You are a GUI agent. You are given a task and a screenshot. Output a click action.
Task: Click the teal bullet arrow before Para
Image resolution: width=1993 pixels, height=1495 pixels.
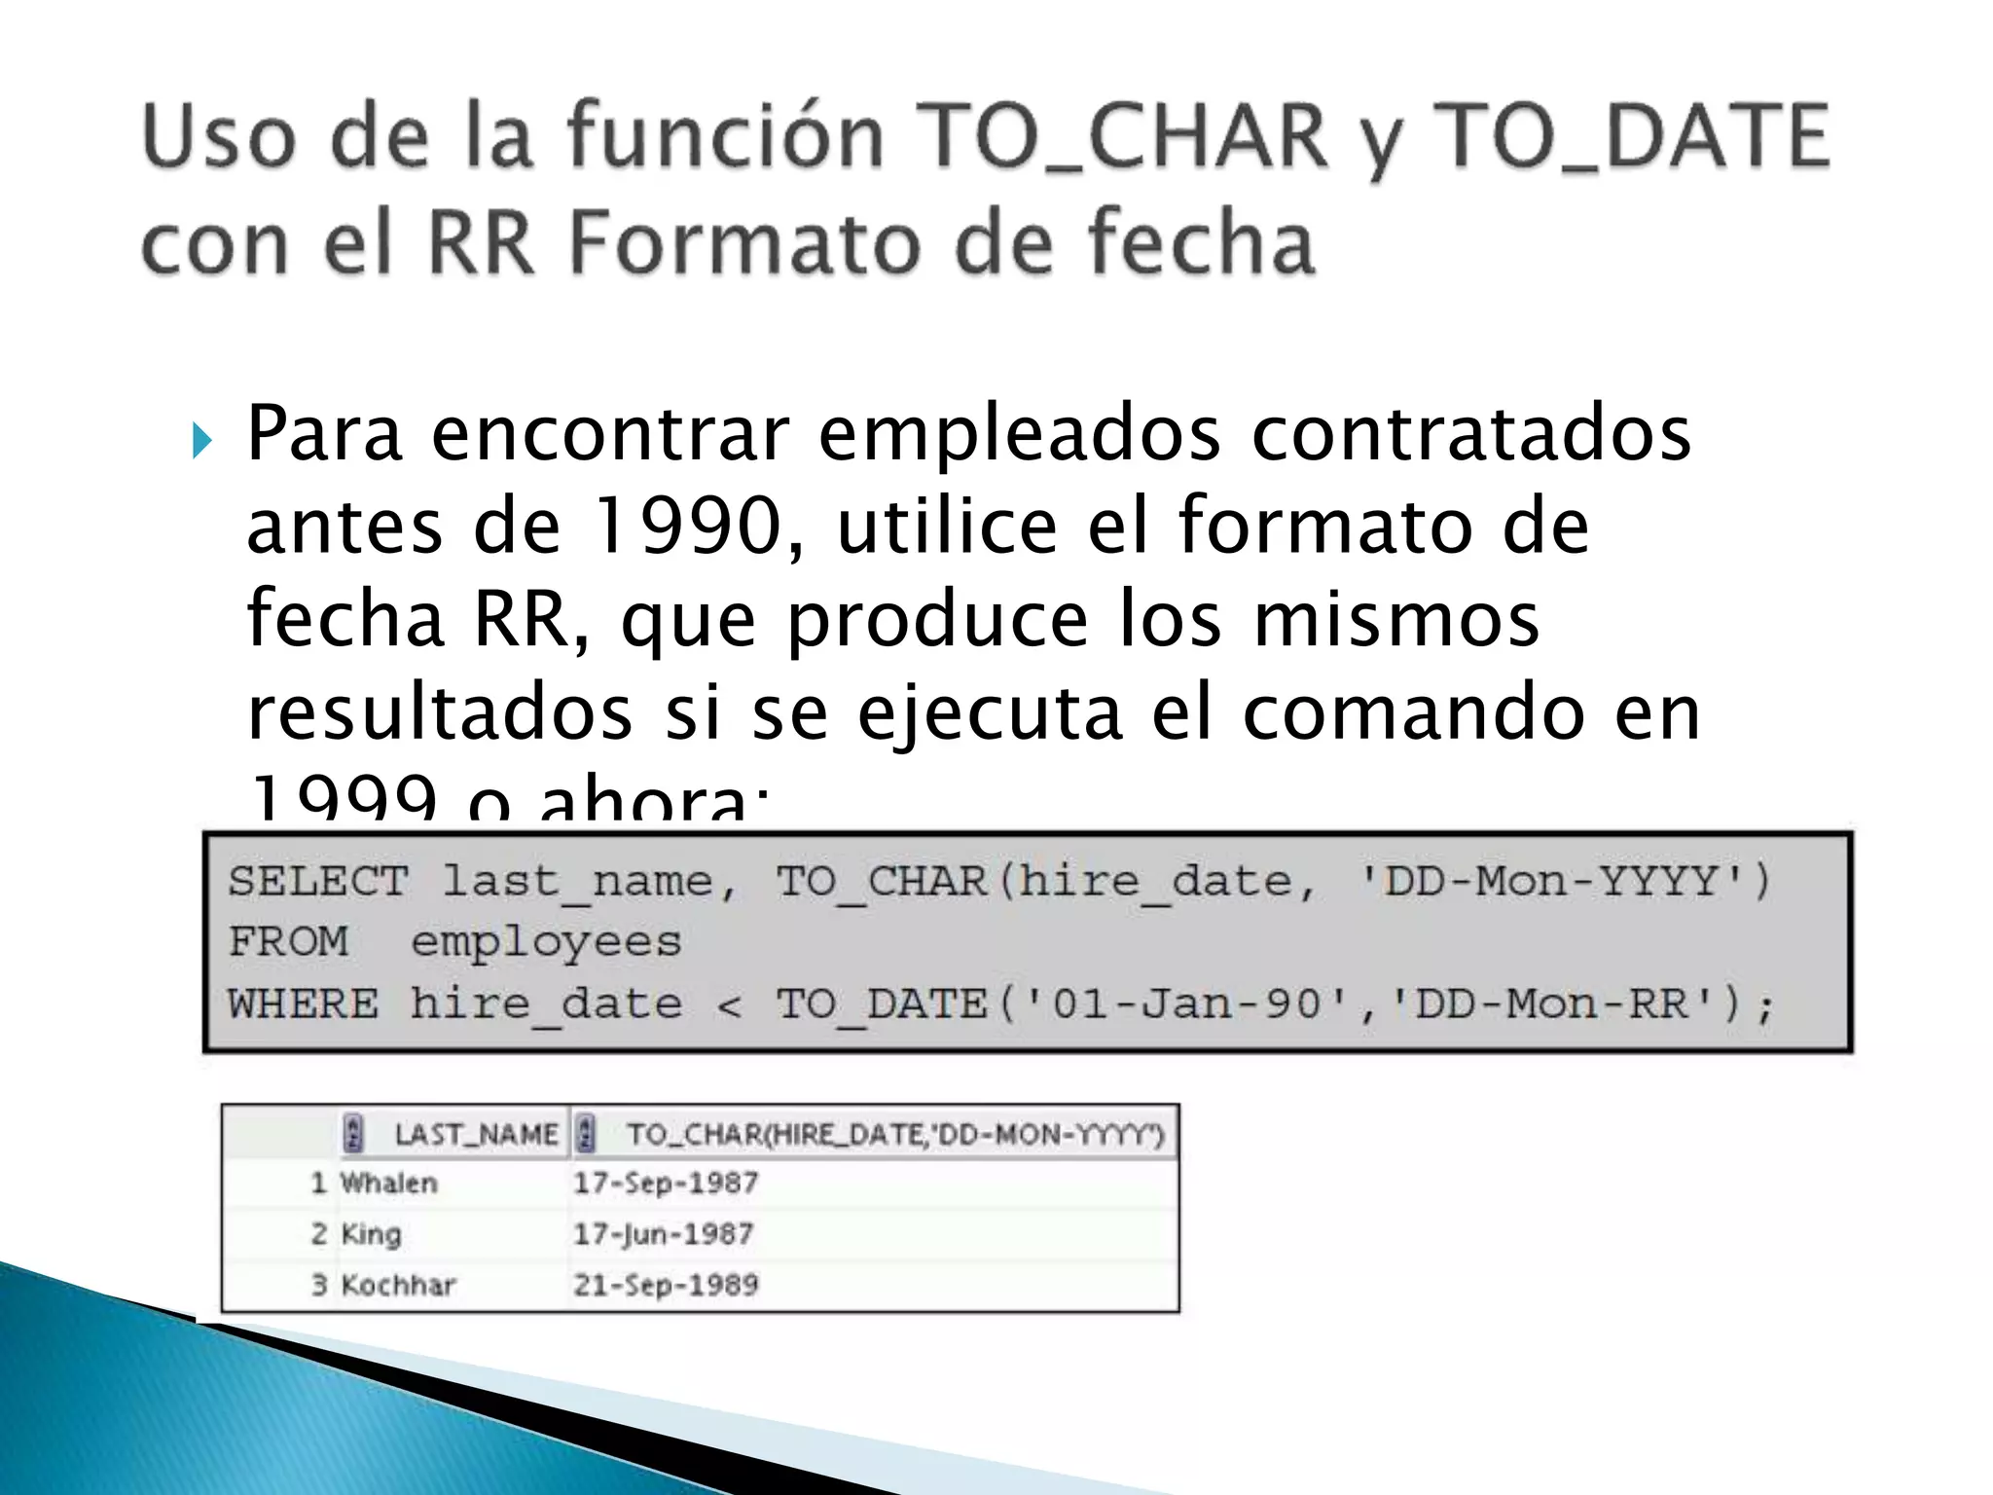coord(201,440)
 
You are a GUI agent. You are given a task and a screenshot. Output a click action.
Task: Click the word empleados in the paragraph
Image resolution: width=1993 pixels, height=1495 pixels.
coord(1019,434)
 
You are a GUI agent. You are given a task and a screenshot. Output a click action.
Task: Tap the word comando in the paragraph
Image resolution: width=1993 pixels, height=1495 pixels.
coord(1413,713)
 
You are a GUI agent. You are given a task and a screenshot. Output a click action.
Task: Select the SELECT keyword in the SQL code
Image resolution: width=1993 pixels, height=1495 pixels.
coord(318,882)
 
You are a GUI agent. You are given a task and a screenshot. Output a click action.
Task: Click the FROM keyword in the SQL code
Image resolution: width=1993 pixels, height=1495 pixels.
coord(288,942)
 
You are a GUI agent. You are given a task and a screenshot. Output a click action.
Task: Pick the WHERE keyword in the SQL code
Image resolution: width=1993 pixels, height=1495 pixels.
coord(303,1003)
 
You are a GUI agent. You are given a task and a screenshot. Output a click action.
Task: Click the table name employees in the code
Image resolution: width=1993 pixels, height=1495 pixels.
coord(546,942)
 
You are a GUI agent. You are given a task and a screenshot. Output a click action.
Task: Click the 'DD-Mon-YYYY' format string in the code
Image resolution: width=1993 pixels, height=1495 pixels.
coord(1552,882)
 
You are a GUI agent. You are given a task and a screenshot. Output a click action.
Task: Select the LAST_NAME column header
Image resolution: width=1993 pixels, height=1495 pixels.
coord(476,1134)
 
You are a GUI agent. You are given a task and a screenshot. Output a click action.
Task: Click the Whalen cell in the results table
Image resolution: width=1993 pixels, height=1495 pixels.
coord(389,1184)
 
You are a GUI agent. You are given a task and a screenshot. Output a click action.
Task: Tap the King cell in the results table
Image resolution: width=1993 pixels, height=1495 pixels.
coord(371,1234)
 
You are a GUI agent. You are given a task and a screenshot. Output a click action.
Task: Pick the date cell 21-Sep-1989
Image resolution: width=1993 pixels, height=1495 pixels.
coord(666,1285)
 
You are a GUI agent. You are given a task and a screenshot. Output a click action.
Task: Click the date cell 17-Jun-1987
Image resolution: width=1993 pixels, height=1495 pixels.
coord(664,1234)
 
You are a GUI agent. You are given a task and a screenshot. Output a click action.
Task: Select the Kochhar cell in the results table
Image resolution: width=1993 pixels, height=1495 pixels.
coord(398,1285)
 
